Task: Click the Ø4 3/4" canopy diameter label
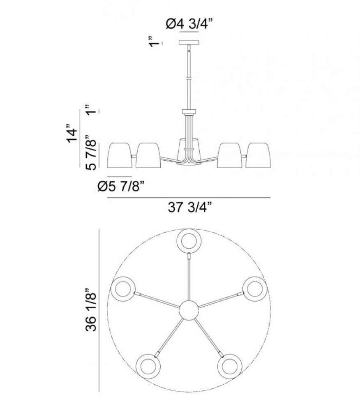(189, 24)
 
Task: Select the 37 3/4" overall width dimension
(189, 207)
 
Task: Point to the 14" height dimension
(72, 133)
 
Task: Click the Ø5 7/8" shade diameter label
(121, 186)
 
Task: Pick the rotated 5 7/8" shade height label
(91, 153)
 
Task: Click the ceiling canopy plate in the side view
(189, 42)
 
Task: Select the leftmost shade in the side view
(120, 155)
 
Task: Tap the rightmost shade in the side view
(258, 155)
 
